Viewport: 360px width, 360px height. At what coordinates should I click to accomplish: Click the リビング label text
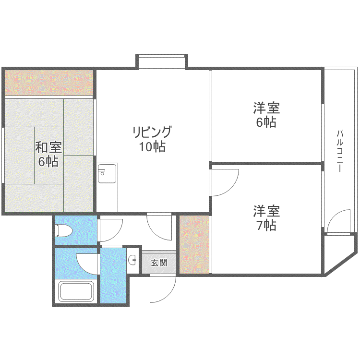[x=152, y=132]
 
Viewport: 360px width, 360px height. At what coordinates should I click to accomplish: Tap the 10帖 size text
[x=152, y=146]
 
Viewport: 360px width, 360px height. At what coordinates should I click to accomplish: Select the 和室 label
[x=48, y=147]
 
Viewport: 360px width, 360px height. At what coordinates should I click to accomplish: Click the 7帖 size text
[x=266, y=226]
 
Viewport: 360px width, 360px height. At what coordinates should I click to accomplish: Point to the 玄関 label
[x=159, y=263]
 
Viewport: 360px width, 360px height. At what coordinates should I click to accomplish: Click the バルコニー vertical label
[x=340, y=151]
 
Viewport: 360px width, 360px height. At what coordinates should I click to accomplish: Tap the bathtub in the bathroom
[x=76, y=291]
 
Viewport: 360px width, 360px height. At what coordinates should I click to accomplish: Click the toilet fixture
[x=63, y=230]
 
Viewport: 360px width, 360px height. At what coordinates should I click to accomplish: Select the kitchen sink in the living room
[x=107, y=174]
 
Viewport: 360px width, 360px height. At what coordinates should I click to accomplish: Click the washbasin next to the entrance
[x=132, y=260]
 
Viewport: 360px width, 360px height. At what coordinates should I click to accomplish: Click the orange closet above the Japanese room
[x=49, y=83]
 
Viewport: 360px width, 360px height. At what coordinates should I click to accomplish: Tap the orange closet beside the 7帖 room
[x=194, y=244]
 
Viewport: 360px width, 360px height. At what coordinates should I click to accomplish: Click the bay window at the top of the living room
[x=162, y=61]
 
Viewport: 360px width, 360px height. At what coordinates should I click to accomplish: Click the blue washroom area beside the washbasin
[x=113, y=276]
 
